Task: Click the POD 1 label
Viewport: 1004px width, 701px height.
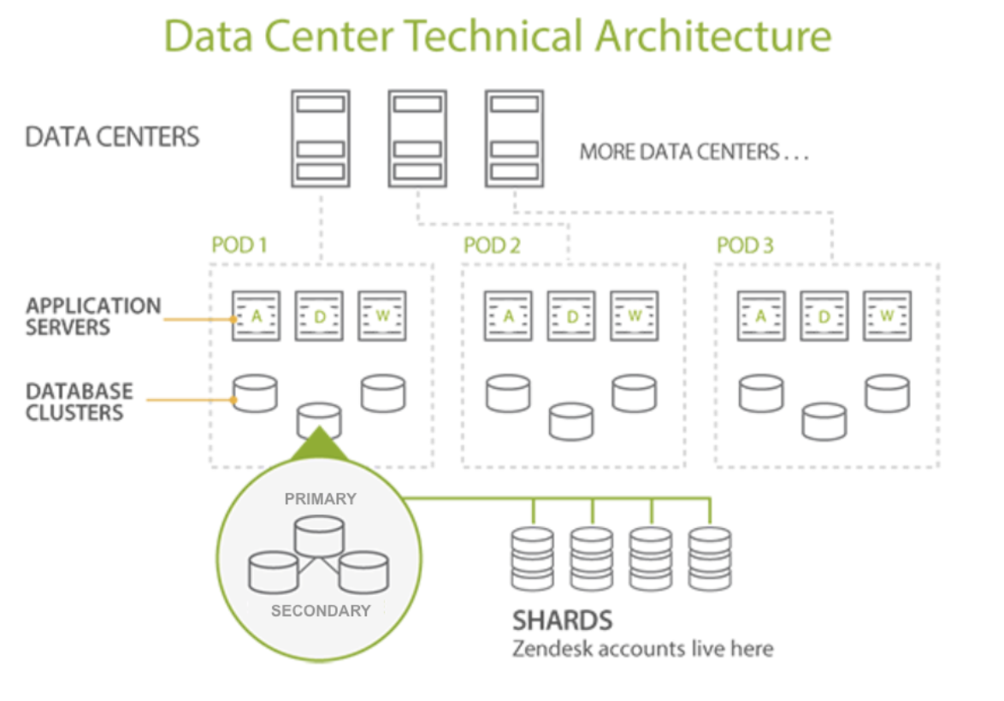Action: pos(239,246)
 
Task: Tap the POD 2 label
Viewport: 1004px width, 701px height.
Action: pos(492,246)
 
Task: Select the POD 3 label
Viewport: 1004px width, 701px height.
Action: pos(745,246)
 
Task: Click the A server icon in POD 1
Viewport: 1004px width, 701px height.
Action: pos(256,316)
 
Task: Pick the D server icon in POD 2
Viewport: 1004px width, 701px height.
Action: pos(572,316)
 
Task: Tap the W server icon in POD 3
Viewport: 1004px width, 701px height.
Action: pos(887,316)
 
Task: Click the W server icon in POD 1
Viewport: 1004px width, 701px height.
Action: pos(381,316)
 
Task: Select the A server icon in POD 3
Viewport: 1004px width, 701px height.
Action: pos(761,316)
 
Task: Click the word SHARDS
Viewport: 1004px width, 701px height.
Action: pos(562,620)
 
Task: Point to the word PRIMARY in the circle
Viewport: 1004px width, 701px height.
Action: pos(320,498)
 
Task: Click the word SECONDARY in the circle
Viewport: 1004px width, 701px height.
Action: pos(320,610)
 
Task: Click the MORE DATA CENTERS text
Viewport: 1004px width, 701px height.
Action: pos(694,153)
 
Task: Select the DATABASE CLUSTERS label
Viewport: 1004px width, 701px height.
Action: pos(80,402)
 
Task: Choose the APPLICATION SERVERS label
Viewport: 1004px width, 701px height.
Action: pos(92,316)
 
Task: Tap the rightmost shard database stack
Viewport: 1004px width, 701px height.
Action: pos(710,557)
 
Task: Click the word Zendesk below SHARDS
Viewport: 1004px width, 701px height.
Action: pos(552,649)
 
